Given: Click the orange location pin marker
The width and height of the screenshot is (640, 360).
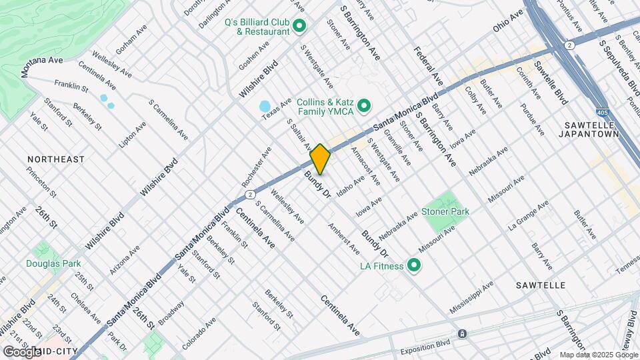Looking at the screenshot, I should coord(321,159).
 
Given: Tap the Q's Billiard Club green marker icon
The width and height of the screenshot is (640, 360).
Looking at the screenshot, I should coord(299,27).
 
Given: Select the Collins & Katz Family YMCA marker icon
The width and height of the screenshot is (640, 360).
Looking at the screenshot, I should coord(364,105).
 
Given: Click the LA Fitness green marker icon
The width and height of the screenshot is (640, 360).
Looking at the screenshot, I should coord(414,267).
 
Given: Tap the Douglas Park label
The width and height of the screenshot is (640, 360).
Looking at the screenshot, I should coord(53,263).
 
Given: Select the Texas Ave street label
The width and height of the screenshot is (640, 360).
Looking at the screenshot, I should coord(277,109).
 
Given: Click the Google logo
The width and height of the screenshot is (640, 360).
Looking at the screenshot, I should coord(22,351).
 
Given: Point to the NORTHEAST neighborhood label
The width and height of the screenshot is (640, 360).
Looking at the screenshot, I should coord(56,159).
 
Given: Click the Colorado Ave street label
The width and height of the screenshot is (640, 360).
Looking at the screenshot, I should coord(199,333).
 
